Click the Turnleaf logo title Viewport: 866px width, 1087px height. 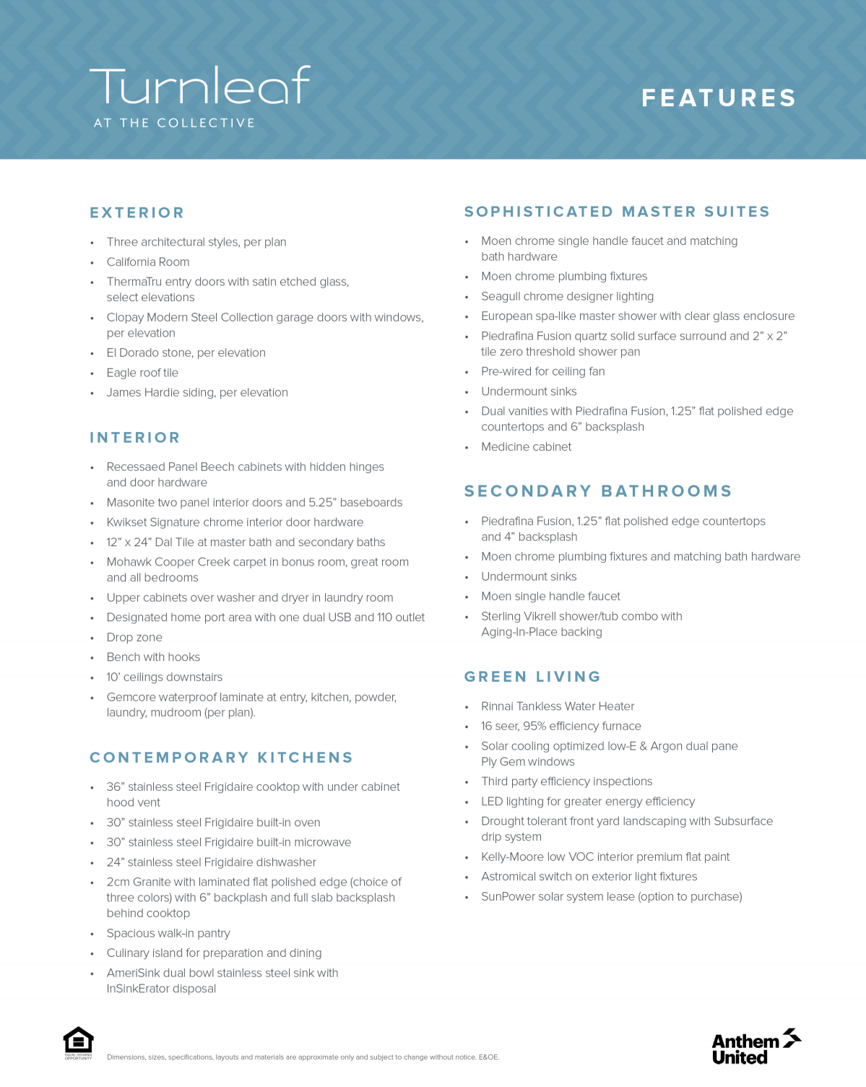(200, 86)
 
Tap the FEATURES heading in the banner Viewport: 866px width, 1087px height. (719, 98)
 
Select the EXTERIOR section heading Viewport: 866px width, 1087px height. (137, 212)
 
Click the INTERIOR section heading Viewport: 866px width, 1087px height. (135, 438)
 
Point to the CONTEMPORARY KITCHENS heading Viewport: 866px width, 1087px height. (221, 758)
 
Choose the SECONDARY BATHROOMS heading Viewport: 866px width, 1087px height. (598, 491)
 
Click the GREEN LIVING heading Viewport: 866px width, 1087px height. (532, 677)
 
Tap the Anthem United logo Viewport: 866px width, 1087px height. (755, 1047)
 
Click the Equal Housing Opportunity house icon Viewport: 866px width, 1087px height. (78, 1041)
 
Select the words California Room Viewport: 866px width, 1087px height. (148, 262)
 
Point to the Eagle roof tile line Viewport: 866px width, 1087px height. (142, 373)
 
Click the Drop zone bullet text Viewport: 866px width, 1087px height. (134, 638)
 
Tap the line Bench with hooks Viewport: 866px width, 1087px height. (153, 657)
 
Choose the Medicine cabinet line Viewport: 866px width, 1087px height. (526, 447)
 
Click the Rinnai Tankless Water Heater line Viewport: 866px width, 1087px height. (558, 706)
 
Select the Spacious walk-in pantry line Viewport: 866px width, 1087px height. (168, 933)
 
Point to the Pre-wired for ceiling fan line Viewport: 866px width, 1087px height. (542, 371)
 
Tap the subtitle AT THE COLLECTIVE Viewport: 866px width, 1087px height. (174, 124)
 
